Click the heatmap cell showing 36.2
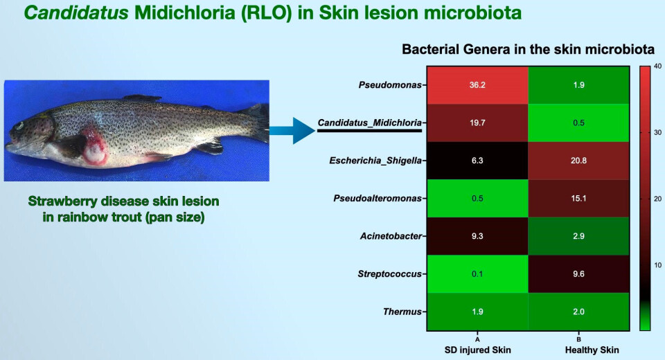tap(477, 86)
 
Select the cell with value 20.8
tap(580, 161)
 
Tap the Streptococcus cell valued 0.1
tap(477, 274)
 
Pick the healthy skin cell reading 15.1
tap(580, 199)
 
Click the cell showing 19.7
tap(477, 123)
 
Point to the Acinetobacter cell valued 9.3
tap(477, 236)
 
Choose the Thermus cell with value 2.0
tap(580, 312)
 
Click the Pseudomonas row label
tap(390, 86)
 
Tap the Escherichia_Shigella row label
tap(378, 161)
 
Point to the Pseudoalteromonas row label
tap(380, 199)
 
